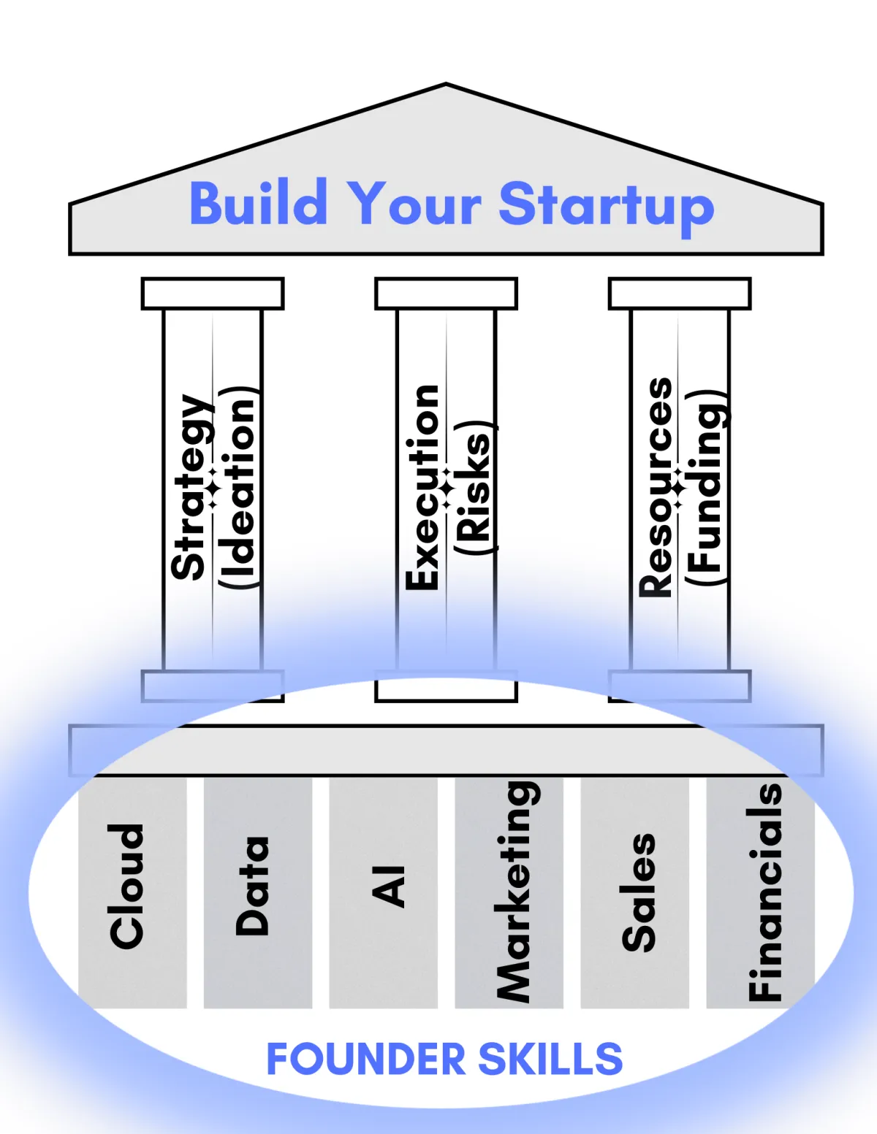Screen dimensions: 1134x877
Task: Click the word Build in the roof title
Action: tap(258, 204)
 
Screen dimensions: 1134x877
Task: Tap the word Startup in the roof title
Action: tap(606, 206)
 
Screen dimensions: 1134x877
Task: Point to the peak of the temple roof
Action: tap(446, 86)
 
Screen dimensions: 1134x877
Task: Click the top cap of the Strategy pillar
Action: tap(213, 294)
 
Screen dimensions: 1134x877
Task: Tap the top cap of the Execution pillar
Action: tap(446, 294)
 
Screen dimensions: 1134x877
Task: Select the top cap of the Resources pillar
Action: tap(680, 294)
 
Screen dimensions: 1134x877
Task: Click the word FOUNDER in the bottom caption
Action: tap(365, 1060)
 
